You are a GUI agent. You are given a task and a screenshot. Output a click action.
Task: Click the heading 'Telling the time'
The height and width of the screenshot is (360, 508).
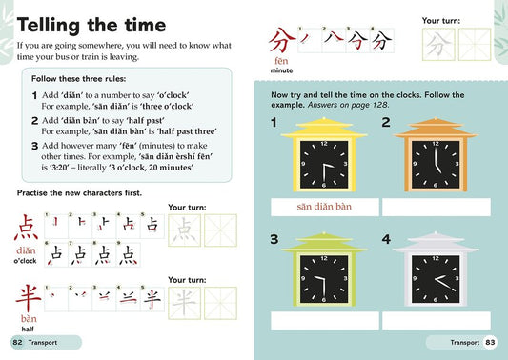pyautogui.click(x=91, y=25)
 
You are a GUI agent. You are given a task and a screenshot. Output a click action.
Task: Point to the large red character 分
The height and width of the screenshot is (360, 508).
pyautogui.click(x=279, y=42)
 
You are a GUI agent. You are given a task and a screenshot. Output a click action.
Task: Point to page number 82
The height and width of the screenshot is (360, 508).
pyautogui.click(x=17, y=342)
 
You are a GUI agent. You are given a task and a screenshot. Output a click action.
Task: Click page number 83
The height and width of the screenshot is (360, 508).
pyautogui.click(x=490, y=342)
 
